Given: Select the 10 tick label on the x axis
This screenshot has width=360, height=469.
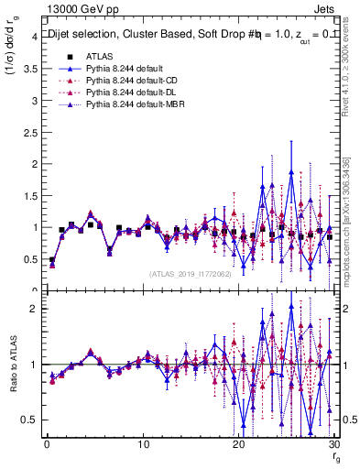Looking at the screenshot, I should (143, 444).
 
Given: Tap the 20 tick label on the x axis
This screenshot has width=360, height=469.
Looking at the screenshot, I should (239, 444).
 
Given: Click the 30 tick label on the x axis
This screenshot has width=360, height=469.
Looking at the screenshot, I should (334, 444).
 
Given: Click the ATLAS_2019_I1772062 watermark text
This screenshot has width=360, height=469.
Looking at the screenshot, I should (190, 274).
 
